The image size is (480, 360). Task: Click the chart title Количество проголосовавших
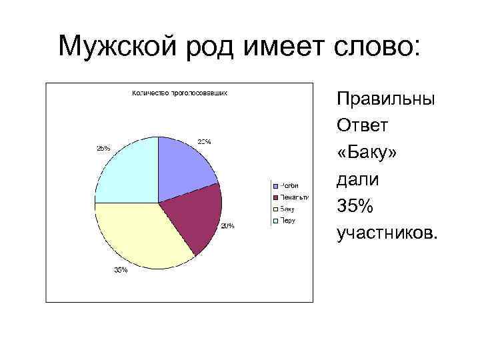click(x=179, y=93)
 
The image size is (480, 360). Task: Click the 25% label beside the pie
click(x=103, y=148)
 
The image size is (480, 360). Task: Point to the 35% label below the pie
click(x=121, y=270)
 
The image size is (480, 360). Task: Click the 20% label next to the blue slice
click(x=204, y=141)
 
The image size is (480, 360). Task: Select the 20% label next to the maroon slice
click(x=227, y=226)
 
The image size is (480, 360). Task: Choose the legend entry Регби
click(x=288, y=185)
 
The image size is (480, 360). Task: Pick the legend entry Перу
click(x=287, y=221)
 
